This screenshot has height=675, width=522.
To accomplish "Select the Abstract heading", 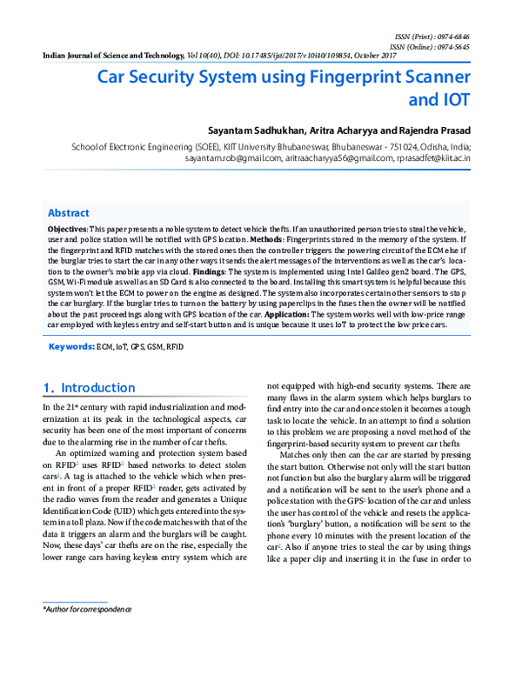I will coord(68,213).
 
